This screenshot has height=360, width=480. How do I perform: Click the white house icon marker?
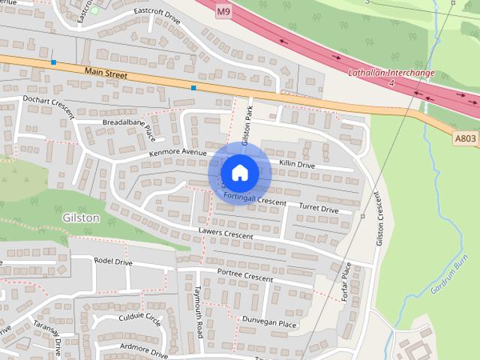coord(239,172)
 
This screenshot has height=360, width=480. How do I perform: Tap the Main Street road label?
coord(106,73)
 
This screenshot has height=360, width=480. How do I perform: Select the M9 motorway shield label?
coord(223,13)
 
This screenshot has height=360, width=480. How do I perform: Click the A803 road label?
coord(465,137)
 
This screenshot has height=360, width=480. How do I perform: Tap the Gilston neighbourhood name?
coord(78,217)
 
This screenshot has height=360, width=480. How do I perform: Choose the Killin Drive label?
coord(296,163)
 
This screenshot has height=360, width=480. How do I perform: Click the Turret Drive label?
coord(319,209)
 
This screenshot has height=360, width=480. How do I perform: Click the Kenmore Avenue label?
coord(177,153)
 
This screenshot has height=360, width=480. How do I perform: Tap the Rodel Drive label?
coord(112,262)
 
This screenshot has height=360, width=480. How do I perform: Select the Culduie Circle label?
coord(140,320)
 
